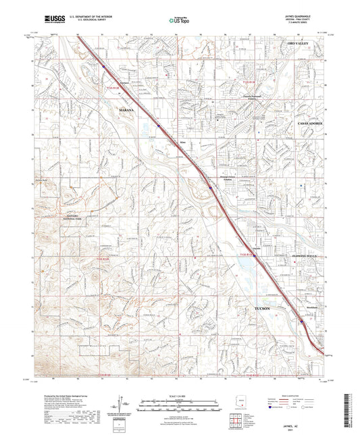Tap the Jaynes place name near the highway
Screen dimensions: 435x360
[x=247, y=248]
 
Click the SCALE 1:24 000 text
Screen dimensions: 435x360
[x=180, y=395]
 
